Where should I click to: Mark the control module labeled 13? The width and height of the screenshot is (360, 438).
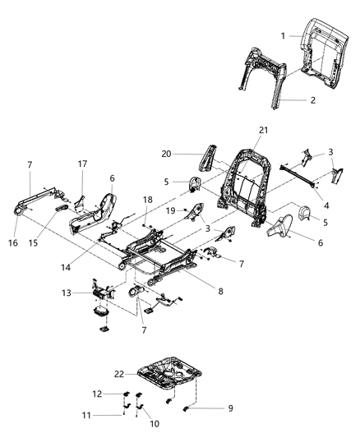(x=103, y=292)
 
